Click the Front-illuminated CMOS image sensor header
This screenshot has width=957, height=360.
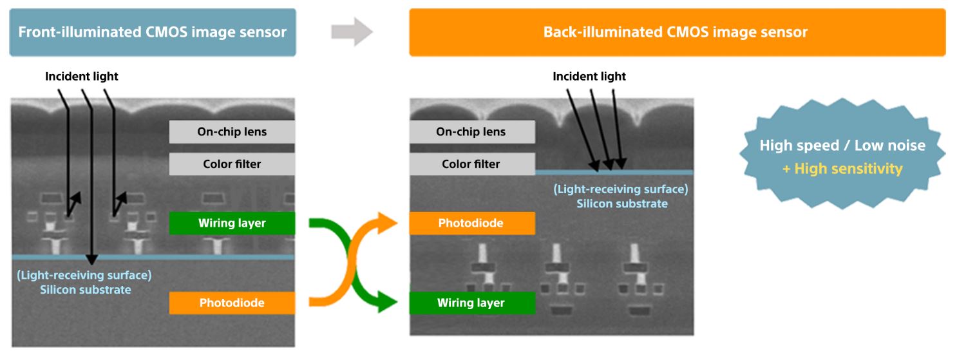point(153,32)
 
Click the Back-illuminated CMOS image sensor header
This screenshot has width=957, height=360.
point(677,32)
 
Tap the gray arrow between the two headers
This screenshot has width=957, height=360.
point(352,32)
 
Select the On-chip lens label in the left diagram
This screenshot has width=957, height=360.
point(232,132)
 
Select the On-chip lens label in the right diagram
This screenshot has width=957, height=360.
point(471,132)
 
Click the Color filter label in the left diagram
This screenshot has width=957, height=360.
point(232,164)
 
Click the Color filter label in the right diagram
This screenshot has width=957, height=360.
point(471,164)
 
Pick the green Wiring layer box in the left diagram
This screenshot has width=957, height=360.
point(232,223)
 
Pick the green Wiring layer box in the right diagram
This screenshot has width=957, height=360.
point(471,303)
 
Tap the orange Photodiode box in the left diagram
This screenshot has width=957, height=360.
point(232,303)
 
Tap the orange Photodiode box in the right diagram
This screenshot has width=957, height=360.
point(471,223)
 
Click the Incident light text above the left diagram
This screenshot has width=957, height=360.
point(82,77)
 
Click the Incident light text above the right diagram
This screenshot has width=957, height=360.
point(589,77)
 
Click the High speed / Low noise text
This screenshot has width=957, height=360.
point(842,146)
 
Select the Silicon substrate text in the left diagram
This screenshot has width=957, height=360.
point(86,290)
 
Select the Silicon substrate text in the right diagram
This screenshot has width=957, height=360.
point(621,204)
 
